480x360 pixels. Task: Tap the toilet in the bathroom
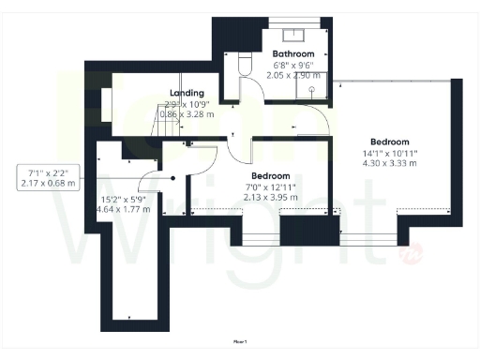246,63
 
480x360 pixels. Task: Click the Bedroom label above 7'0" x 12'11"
270,176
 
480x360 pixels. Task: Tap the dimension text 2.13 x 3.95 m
270,198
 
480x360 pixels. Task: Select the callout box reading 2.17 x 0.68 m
48,177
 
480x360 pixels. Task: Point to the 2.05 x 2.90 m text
292,74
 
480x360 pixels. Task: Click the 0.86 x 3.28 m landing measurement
187,113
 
